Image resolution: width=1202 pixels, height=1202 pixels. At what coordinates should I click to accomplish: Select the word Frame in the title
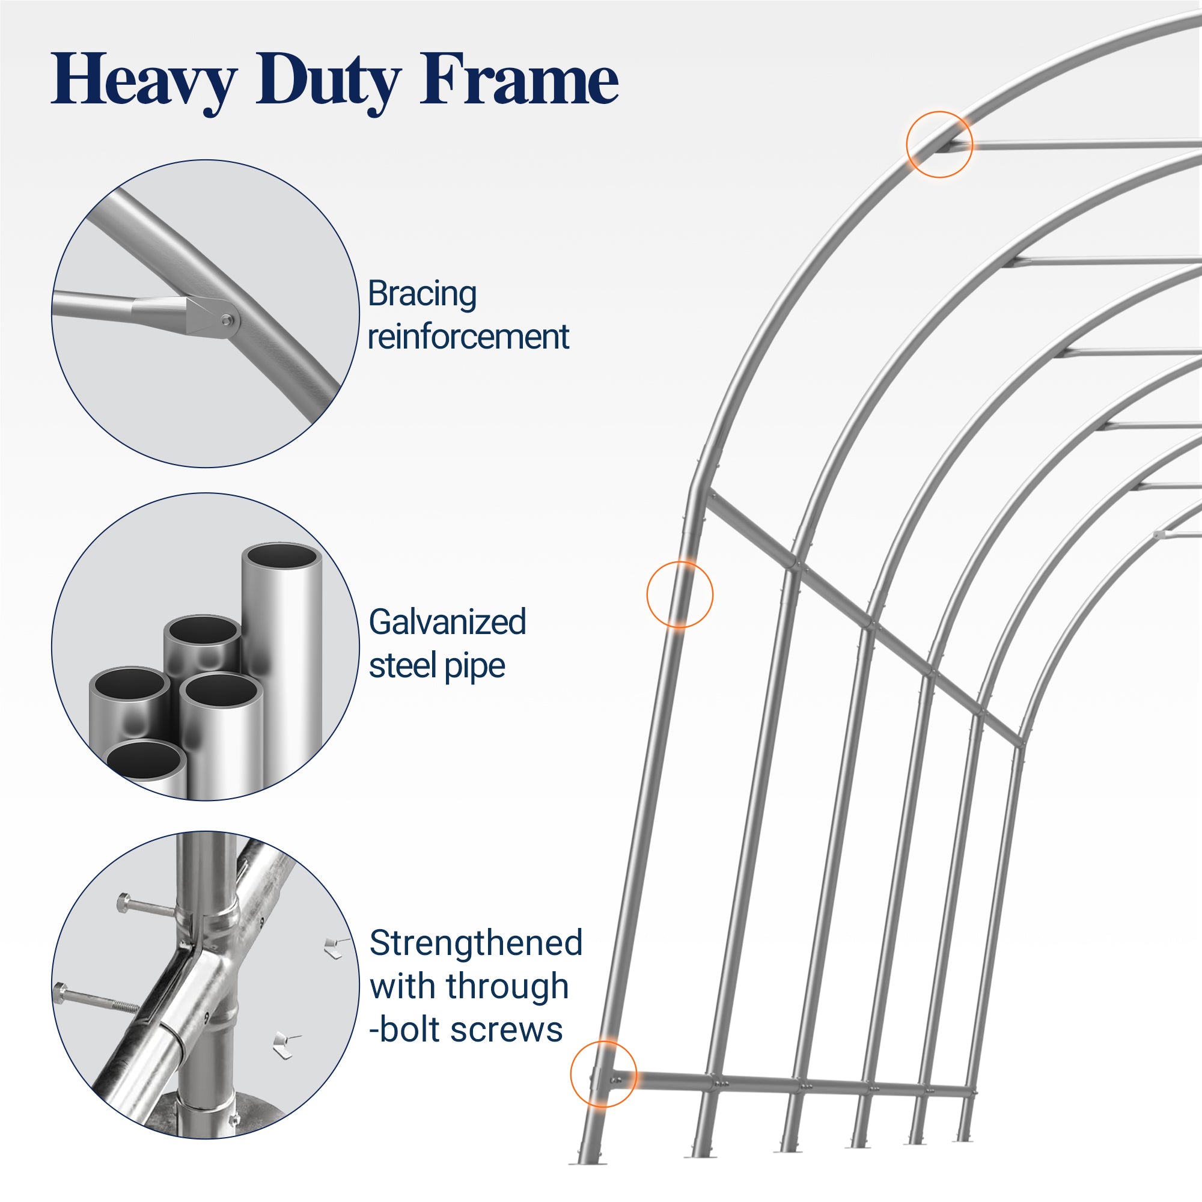tap(519, 81)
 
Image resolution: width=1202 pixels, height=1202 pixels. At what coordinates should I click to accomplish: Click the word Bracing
tap(423, 294)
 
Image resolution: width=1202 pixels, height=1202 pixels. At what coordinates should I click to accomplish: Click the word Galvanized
tap(447, 621)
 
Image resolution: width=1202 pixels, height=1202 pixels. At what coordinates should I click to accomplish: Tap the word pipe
tap(475, 666)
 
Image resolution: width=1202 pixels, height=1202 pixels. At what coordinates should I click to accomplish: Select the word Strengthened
tap(476, 942)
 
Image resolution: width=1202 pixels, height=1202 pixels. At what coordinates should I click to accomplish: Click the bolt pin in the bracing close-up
tap(226, 320)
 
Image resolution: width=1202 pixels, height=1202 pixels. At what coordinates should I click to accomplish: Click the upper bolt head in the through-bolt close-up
tap(124, 901)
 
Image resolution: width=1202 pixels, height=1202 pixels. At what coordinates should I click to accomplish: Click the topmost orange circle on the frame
tap(939, 144)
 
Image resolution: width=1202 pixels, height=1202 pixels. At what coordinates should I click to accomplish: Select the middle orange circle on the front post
tap(680, 594)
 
